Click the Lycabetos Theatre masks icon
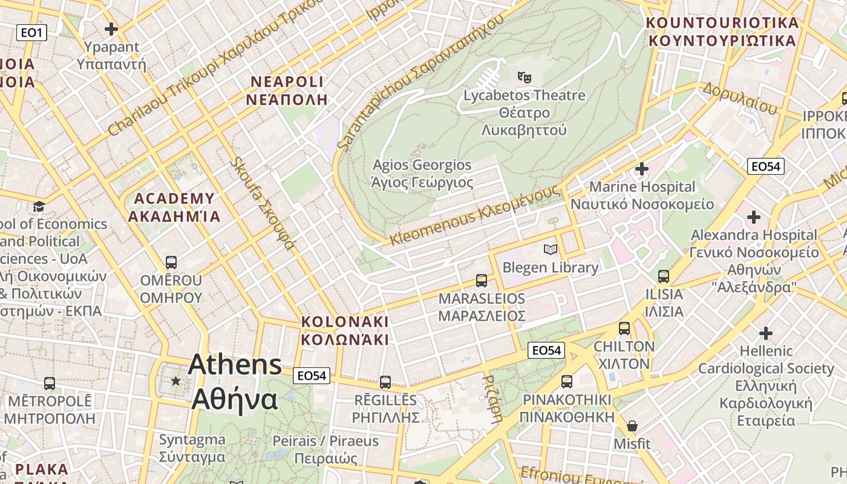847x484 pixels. (524, 77)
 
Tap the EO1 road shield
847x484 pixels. (31, 33)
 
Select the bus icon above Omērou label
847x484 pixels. (171, 263)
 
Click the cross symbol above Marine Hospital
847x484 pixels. (642, 168)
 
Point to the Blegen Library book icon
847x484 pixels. (551, 249)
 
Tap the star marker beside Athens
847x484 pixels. (175, 381)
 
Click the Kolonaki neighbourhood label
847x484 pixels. (345, 330)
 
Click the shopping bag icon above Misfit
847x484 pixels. (632, 426)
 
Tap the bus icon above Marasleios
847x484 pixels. (482, 281)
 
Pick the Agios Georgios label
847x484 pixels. (422, 173)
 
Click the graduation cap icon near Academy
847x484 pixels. (39, 206)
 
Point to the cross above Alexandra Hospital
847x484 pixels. (754, 217)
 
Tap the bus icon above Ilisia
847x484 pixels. (664, 276)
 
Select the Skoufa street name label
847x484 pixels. (263, 204)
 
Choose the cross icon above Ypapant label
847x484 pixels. (111, 28)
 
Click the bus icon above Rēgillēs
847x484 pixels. (385, 382)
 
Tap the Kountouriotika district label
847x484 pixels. (722, 31)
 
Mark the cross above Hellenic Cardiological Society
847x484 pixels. (766, 333)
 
